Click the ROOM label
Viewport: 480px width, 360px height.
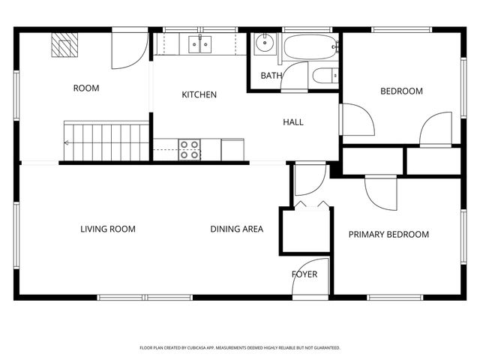click(x=86, y=88)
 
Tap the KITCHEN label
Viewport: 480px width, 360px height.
click(x=199, y=95)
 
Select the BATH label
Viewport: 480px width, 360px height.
click(x=270, y=76)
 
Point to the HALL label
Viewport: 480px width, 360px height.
click(x=293, y=122)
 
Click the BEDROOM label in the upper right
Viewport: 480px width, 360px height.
click(x=401, y=91)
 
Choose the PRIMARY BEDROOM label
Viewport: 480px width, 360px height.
click(x=388, y=235)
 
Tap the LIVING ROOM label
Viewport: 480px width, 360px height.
click(x=108, y=229)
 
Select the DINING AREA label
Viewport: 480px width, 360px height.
click(x=236, y=229)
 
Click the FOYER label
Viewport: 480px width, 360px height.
click(x=304, y=274)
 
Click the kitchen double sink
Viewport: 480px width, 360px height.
click(x=200, y=45)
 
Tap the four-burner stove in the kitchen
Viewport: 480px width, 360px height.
click(x=190, y=149)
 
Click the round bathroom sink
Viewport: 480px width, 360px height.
click(x=264, y=43)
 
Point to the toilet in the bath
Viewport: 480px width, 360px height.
click(x=325, y=75)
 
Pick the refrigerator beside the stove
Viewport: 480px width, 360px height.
click(x=232, y=149)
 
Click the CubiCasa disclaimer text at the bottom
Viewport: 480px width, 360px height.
click(x=240, y=348)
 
